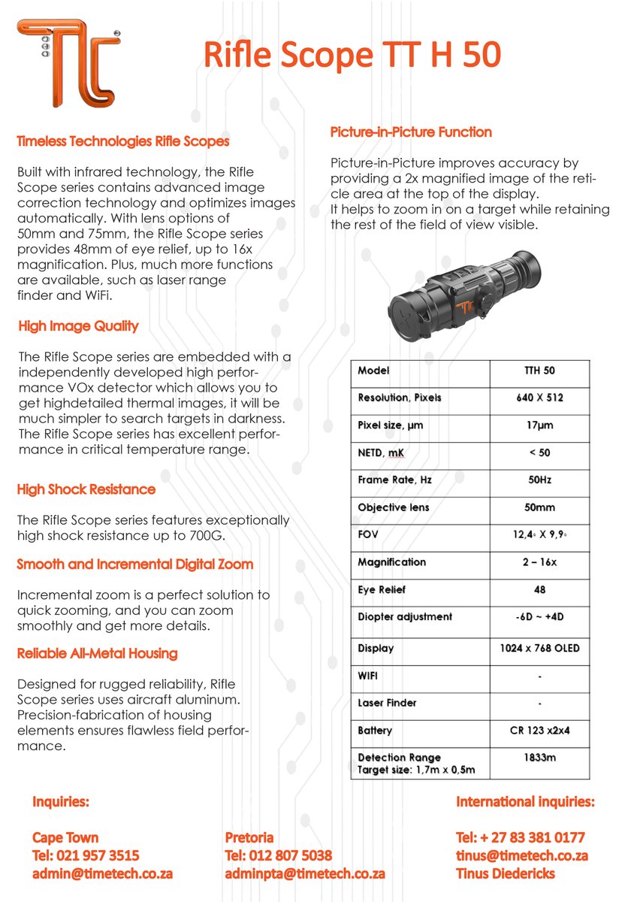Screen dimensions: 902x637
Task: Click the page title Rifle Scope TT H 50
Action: click(x=352, y=56)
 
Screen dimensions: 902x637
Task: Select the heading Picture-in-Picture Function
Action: click(x=411, y=132)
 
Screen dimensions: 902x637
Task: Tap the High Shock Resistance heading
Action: click(x=86, y=489)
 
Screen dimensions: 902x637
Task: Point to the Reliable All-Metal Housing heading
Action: click(x=97, y=653)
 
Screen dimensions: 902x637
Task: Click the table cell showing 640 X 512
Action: click(x=539, y=398)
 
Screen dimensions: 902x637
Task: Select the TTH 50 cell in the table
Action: click(x=539, y=371)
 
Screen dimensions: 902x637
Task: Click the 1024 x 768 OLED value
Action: click(x=539, y=648)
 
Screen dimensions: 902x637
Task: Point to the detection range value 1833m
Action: click(x=539, y=758)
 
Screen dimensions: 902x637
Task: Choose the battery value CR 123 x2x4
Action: click(x=539, y=730)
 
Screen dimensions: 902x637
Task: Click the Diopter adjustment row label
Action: click(x=405, y=616)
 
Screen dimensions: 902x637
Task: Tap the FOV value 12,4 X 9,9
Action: click(x=539, y=534)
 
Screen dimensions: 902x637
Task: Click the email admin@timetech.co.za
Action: click(x=102, y=874)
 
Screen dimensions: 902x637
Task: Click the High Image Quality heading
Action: click(x=78, y=326)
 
